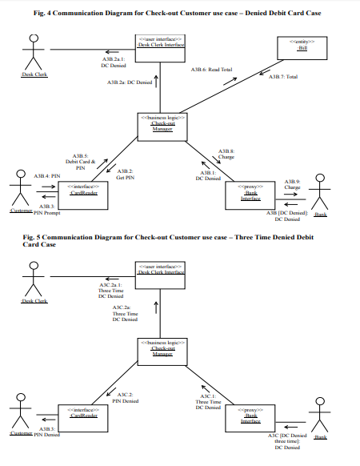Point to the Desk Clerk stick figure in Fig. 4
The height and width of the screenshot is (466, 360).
click(33, 56)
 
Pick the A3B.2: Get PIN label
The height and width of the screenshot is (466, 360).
click(125, 174)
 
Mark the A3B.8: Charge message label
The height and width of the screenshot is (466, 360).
click(226, 154)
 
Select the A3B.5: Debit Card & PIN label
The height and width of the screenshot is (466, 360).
click(80, 162)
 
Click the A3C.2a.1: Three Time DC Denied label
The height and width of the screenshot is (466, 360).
click(110, 291)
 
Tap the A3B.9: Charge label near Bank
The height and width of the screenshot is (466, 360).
click(292, 184)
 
